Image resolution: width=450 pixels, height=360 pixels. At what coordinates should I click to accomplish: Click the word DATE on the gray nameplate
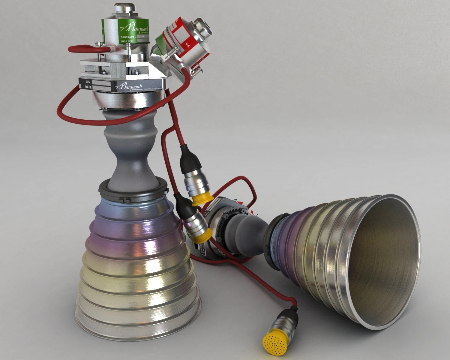(x=88, y=87)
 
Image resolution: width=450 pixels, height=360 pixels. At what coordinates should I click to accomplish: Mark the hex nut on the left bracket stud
(x=104, y=71)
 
